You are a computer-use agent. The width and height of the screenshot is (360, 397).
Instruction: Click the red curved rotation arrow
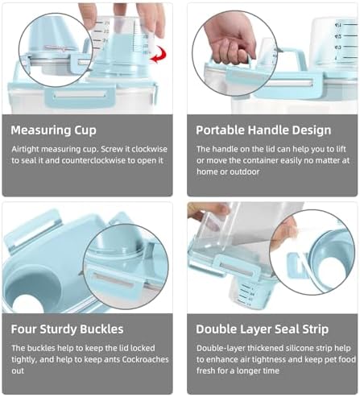(x=159, y=55)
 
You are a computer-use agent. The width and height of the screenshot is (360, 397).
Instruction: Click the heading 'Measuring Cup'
(x=54, y=130)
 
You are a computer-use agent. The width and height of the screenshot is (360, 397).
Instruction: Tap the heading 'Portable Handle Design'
(x=263, y=130)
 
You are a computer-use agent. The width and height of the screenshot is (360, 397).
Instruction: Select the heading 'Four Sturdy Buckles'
(x=67, y=329)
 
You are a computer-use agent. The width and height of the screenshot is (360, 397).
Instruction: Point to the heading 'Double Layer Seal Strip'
(x=262, y=329)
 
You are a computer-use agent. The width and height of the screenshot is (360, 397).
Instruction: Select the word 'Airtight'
(x=25, y=149)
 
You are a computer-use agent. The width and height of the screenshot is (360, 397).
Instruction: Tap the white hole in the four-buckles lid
(x=27, y=304)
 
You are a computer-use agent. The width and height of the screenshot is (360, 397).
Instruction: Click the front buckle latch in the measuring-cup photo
(x=81, y=96)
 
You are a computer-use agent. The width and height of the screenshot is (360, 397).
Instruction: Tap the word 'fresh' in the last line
(x=205, y=370)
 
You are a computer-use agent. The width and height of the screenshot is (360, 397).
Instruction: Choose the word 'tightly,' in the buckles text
(x=24, y=360)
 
